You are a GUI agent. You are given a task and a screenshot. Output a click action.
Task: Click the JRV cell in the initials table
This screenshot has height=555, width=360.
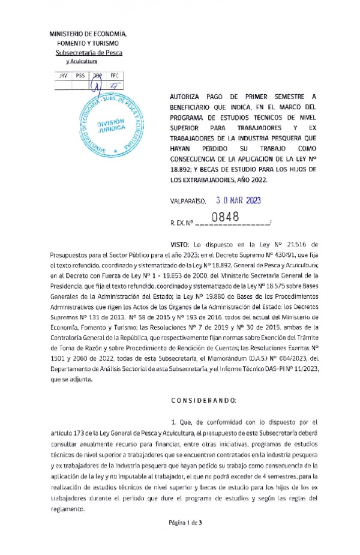coord(63,76)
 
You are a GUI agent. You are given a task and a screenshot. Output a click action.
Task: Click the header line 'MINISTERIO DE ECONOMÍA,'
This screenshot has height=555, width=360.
coord(87,34)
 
